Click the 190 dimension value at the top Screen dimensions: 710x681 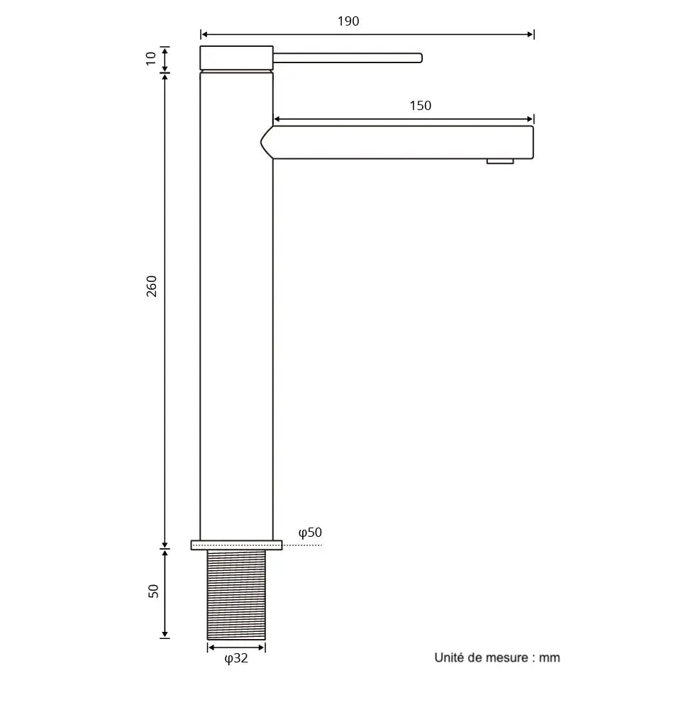348,21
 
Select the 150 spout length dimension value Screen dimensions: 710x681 420,106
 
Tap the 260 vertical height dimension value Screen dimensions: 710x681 152,285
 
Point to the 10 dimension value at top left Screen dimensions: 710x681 151,58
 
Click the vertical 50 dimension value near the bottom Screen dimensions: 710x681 153,591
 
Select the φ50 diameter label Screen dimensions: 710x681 310,532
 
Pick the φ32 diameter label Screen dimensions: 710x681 236,658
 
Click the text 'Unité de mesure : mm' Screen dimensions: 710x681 497,657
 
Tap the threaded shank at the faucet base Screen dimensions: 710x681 236,594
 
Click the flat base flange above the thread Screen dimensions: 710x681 236,545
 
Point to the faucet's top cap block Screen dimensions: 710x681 236,58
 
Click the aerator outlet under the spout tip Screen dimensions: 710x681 500,162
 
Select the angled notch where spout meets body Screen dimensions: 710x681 265,142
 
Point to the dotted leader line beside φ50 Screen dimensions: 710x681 303,545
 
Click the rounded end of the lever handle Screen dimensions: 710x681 419,58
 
